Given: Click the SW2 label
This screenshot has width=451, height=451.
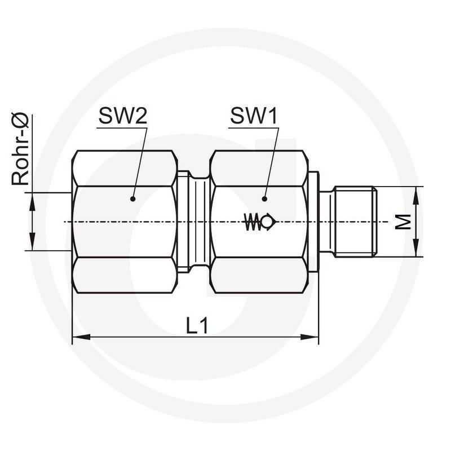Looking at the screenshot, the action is click(x=123, y=116).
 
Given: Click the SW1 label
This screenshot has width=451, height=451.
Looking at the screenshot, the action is click(x=254, y=116).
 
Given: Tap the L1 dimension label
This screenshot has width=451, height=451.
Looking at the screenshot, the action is click(x=197, y=325).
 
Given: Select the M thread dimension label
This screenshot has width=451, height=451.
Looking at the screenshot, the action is click(x=403, y=222).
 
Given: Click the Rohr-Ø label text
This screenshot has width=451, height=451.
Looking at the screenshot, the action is click(x=20, y=149).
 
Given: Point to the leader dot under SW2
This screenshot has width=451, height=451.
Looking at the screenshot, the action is click(x=132, y=199).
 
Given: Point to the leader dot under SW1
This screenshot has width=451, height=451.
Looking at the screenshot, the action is click(x=264, y=199).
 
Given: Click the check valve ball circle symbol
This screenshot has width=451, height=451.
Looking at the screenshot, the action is click(x=267, y=222).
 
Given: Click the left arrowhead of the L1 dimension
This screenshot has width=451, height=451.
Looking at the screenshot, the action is click(x=81, y=337).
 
